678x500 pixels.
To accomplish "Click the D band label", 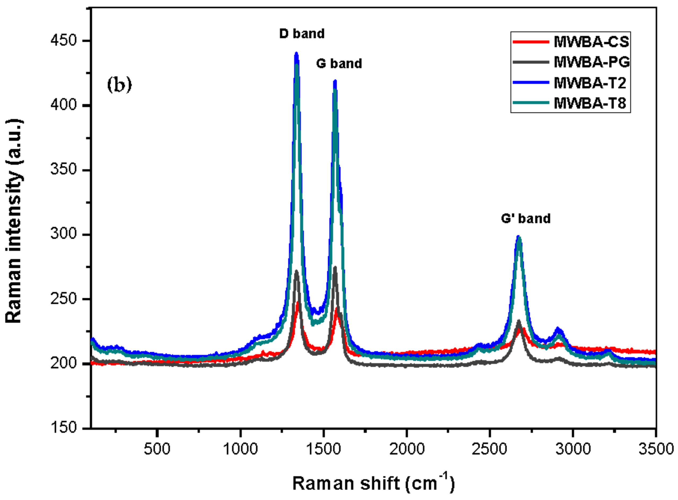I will pos(302,34).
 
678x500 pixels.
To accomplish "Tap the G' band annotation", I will pos(525,218).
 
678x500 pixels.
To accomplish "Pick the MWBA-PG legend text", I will pos(592,62).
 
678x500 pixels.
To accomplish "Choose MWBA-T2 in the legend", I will pos(590,83).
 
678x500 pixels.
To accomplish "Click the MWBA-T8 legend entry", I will pos(590,104).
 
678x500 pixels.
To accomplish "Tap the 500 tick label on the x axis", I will pos(157,449).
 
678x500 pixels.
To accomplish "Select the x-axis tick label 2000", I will pos(407,449).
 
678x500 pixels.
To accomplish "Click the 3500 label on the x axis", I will pos(656,449).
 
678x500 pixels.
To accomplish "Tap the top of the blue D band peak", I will pos(296,54).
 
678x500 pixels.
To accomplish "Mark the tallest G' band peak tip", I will pos(518,236).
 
